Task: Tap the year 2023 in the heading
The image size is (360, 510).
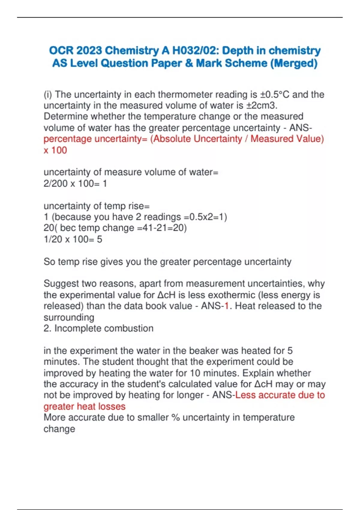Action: coord(89,50)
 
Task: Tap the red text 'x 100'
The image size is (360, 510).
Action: coord(55,150)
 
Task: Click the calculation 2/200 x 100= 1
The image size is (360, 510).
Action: coord(75,183)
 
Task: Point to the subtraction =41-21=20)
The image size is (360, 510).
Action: coord(162,228)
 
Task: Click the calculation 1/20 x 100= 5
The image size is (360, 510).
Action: coord(73,239)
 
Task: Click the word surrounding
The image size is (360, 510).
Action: coord(69,317)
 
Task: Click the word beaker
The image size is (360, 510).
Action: coord(224,351)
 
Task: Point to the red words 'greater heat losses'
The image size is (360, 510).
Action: coord(84,406)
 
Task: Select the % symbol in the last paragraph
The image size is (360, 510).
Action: coord(175,418)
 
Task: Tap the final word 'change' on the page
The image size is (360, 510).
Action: coord(59,429)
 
